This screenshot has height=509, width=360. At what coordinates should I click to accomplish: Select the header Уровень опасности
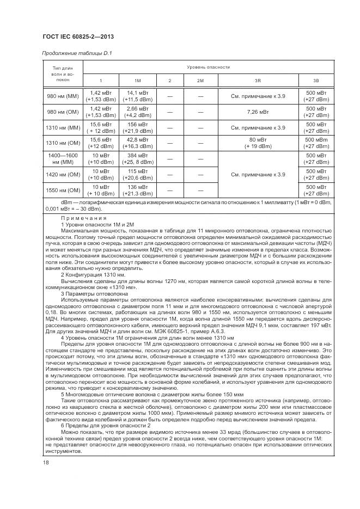point(209,68)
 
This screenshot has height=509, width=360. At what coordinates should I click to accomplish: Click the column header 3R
point(258,81)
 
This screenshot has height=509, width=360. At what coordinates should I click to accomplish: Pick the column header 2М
point(200,81)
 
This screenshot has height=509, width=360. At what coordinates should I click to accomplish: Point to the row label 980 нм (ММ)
point(64,97)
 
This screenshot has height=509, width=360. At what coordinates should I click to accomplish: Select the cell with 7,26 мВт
point(258,112)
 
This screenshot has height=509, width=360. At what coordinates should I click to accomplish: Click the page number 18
point(46,463)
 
